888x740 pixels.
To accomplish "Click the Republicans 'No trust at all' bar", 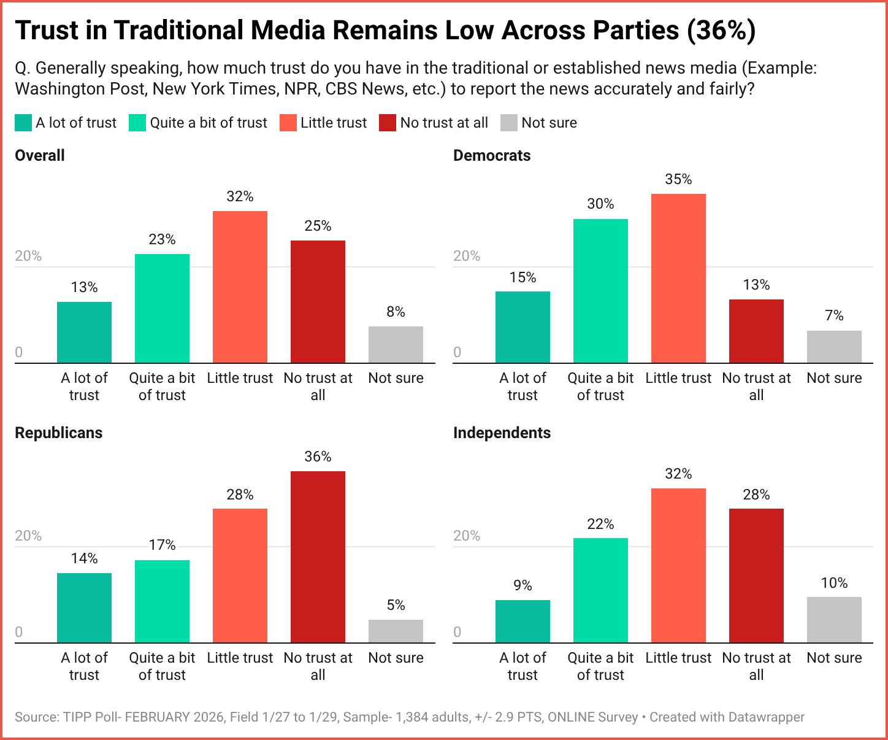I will (x=318, y=557).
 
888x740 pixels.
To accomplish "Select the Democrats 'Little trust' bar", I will (x=678, y=279).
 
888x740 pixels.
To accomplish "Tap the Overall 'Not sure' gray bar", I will (x=396, y=344).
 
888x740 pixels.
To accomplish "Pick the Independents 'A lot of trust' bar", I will (x=522, y=621).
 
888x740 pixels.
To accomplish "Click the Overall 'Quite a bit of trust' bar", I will (x=162, y=308).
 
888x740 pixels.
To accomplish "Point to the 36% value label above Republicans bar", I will (x=318, y=457).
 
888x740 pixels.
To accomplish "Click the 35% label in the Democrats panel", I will (x=678, y=179).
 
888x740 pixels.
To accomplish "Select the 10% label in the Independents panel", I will (x=834, y=583).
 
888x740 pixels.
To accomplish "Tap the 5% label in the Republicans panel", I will (x=396, y=606).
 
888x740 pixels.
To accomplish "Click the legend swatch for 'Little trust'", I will (x=288, y=123).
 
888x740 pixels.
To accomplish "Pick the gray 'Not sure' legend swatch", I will (x=509, y=123).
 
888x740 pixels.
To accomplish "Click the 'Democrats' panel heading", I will (x=492, y=156).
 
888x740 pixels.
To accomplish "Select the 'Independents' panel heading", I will (x=502, y=433).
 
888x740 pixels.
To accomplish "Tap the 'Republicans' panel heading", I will (x=58, y=433).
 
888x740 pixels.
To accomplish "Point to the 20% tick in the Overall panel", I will (x=28, y=256).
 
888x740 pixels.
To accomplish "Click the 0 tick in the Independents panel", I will (x=457, y=632).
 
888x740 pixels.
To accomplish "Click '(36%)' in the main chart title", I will (x=721, y=31).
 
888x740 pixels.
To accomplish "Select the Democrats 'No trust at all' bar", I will (x=756, y=331).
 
